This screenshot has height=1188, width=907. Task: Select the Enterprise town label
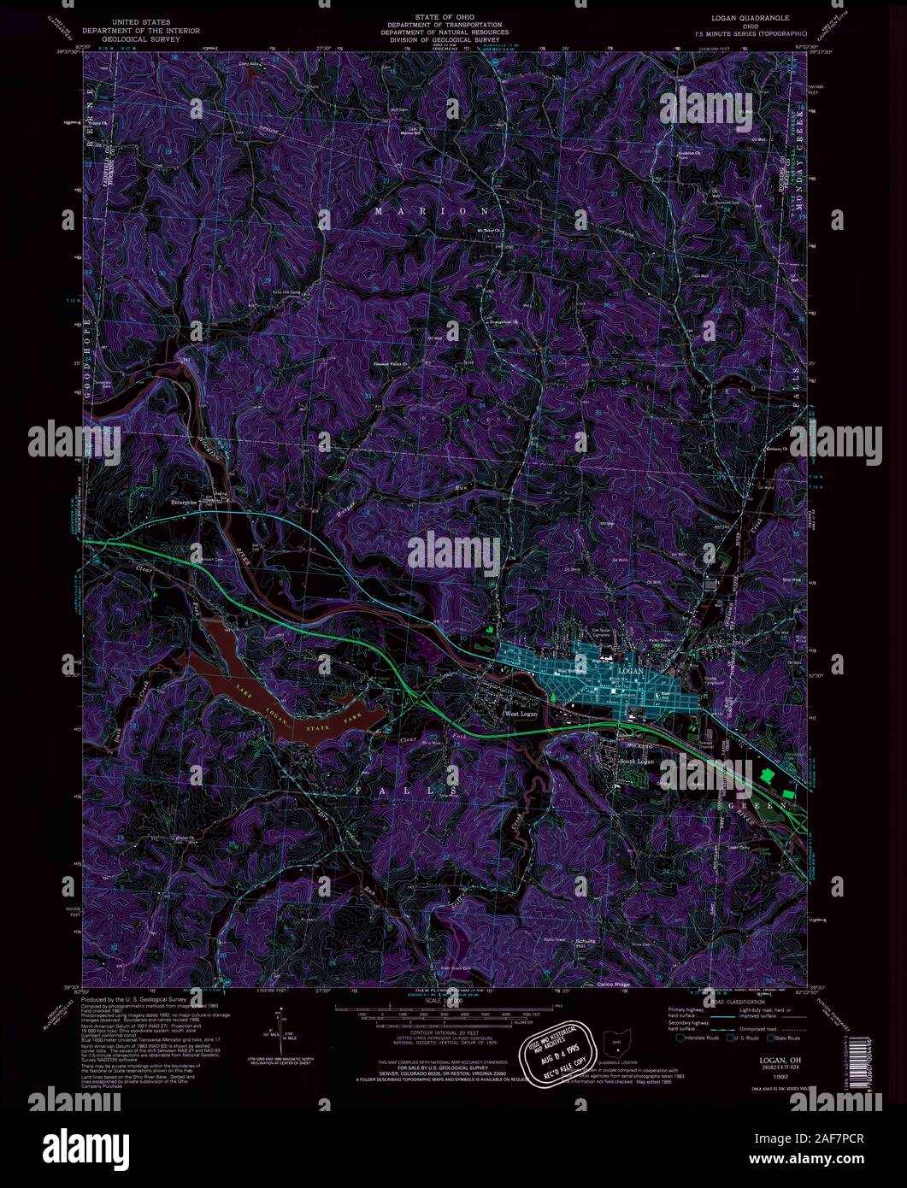click(184, 503)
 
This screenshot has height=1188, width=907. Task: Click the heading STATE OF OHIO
click(433, 17)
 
